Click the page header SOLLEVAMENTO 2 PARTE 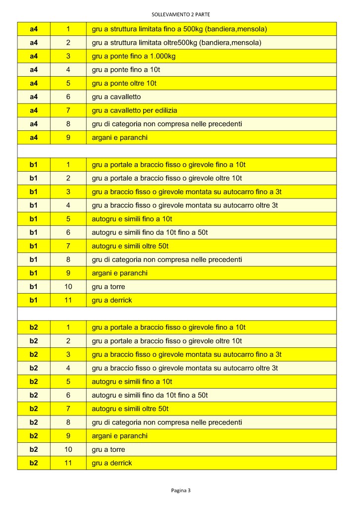click(x=181, y=14)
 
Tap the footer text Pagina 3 click(x=181, y=490)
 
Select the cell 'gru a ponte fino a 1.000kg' click(x=134, y=56)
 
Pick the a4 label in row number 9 click(x=34, y=137)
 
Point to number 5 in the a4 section click(x=68, y=83)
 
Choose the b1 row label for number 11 click(x=34, y=300)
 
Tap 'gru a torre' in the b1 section click(x=108, y=287)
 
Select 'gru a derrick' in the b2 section click(x=112, y=463)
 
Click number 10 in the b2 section click(x=68, y=449)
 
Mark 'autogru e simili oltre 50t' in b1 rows click(x=130, y=246)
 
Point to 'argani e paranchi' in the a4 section click(x=120, y=137)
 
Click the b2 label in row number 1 click(x=34, y=327)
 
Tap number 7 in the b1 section click(x=68, y=246)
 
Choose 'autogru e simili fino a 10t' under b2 click(x=132, y=382)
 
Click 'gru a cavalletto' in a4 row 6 click(x=116, y=97)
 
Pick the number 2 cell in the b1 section click(x=68, y=178)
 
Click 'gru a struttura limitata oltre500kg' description click(x=144, y=43)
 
